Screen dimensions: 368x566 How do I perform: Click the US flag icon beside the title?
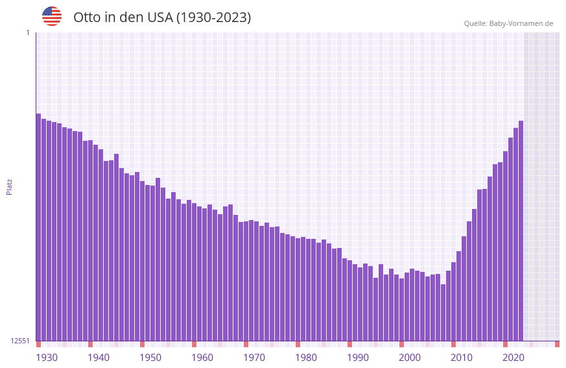point(52,16)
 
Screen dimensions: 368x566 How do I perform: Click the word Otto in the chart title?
point(87,18)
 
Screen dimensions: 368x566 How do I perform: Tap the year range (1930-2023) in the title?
point(213,18)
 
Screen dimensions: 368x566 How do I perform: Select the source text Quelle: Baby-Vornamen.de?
point(508,23)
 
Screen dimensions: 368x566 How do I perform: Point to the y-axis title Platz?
point(9,186)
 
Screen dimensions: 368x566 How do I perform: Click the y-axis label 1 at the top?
point(27,32)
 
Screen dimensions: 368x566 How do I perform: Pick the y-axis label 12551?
point(20,341)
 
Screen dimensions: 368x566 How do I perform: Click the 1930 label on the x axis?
point(47,358)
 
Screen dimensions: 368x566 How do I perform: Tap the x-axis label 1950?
point(150,358)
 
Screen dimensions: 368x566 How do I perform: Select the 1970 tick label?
point(254,358)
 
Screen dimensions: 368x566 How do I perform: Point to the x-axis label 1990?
point(358,358)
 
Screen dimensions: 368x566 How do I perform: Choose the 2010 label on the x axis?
point(462,358)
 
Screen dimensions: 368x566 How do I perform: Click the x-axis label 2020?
point(513,358)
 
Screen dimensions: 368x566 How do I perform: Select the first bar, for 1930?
point(38,227)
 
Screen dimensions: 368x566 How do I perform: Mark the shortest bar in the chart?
point(443,312)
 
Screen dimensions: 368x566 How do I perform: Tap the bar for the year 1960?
point(194,272)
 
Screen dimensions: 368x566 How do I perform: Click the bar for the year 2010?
point(453,301)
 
